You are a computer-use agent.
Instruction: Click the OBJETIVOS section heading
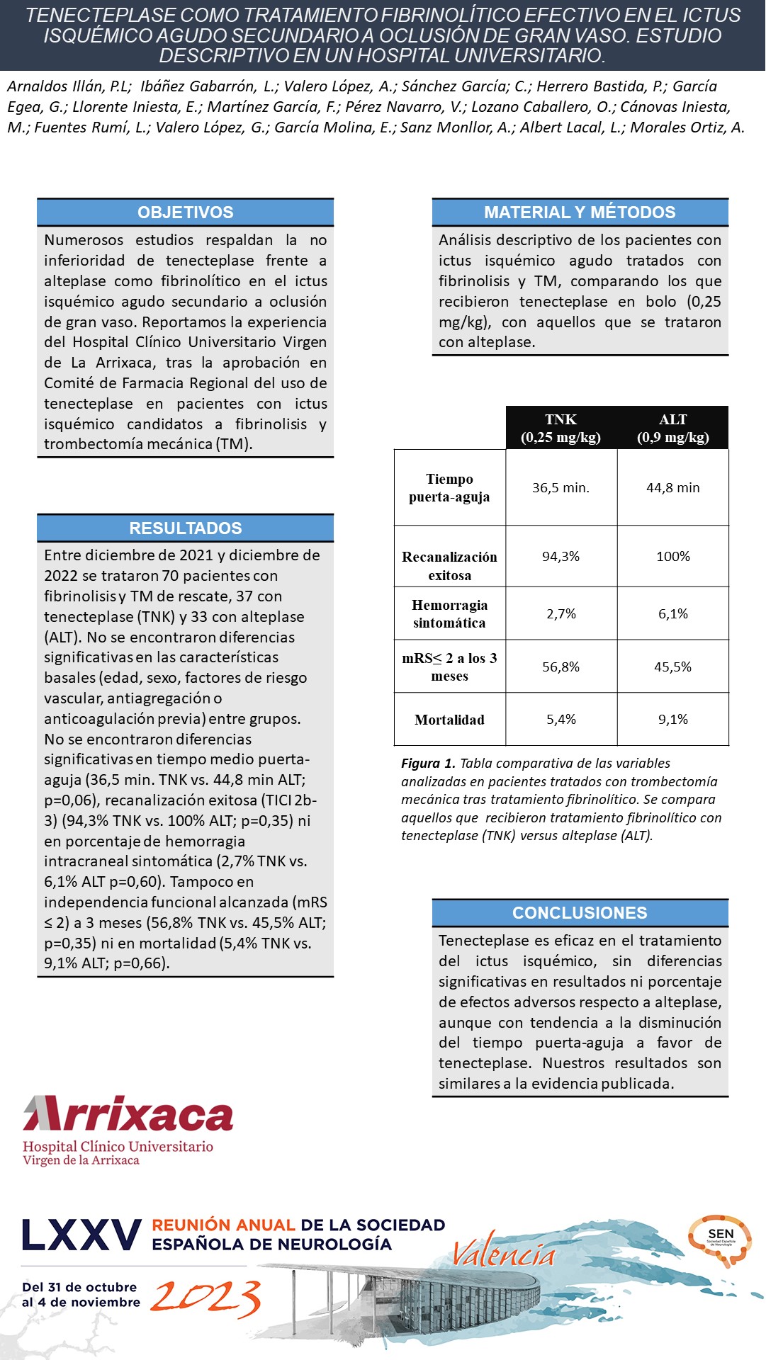pyautogui.click(x=185, y=212)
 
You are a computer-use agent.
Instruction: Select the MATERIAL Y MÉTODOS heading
pyautogui.click(x=580, y=212)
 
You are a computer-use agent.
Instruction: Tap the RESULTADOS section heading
pyautogui.click(x=185, y=528)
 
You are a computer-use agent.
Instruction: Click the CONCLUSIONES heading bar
pyautogui.click(x=580, y=913)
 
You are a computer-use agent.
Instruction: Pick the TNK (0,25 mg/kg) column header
pyautogui.click(x=561, y=429)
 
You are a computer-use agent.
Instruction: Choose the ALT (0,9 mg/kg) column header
pyautogui.click(x=672, y=429)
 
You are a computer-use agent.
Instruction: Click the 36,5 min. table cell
pyautogui.click(x=561, y=488)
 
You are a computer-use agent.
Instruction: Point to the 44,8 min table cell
pyautogui.click(x=672, y=488)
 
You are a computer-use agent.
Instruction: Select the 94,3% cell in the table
pyautogui.click(x=561, y=557)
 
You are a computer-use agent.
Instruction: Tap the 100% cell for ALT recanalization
pyautogui.click(x=672, y=557)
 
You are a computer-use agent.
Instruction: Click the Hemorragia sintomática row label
pyautogui.click(x=449, y=614)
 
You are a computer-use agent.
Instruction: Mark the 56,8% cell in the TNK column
pyautogui.click(x=561, y=667)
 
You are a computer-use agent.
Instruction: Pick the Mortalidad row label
pyautogui.click(x=449, y=720)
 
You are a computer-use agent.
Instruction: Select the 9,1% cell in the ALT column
pyautogui.click(x=672, y=720)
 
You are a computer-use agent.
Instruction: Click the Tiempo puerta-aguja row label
pyautogui.click(x=449, y=488)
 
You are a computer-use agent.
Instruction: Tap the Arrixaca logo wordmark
pyautogui.click(x=128, y=1115)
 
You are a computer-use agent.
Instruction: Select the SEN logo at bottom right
pyautogui.click(x=720, y=1240)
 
